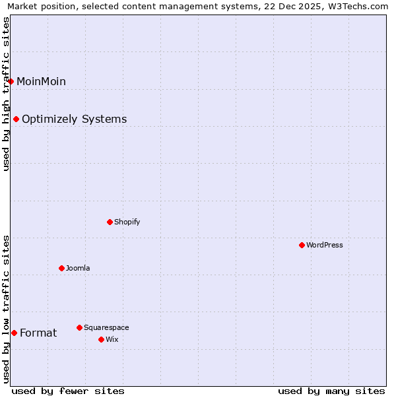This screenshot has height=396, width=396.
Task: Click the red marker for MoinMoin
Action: point(11,81)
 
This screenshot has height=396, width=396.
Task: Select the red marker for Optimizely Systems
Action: point(16,119)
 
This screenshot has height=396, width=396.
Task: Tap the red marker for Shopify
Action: point(110,222)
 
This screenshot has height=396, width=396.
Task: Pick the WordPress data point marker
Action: point(302,245)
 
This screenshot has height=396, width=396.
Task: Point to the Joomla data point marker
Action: point(61,268)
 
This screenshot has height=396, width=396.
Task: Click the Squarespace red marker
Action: point(79,327)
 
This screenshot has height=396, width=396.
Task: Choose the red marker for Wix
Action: point(101,339)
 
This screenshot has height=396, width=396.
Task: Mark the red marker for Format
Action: point(14,333)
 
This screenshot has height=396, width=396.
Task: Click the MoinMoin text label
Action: point(41,81)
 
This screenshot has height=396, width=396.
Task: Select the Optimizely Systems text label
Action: point(74,119)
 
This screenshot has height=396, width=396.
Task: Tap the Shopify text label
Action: point(127,222)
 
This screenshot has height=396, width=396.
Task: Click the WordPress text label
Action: point(324,245)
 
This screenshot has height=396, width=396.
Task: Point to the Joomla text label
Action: point(78,268)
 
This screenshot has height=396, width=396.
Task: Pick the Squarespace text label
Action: point(106,327)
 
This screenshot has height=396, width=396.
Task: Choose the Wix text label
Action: point(112,339)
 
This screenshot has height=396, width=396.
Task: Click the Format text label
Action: point(38,333)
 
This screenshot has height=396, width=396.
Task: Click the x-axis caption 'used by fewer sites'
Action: point(68,391)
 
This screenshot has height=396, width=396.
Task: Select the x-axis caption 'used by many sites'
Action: point(331,391)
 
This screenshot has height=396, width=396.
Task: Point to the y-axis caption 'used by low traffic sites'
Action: point(7,309)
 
